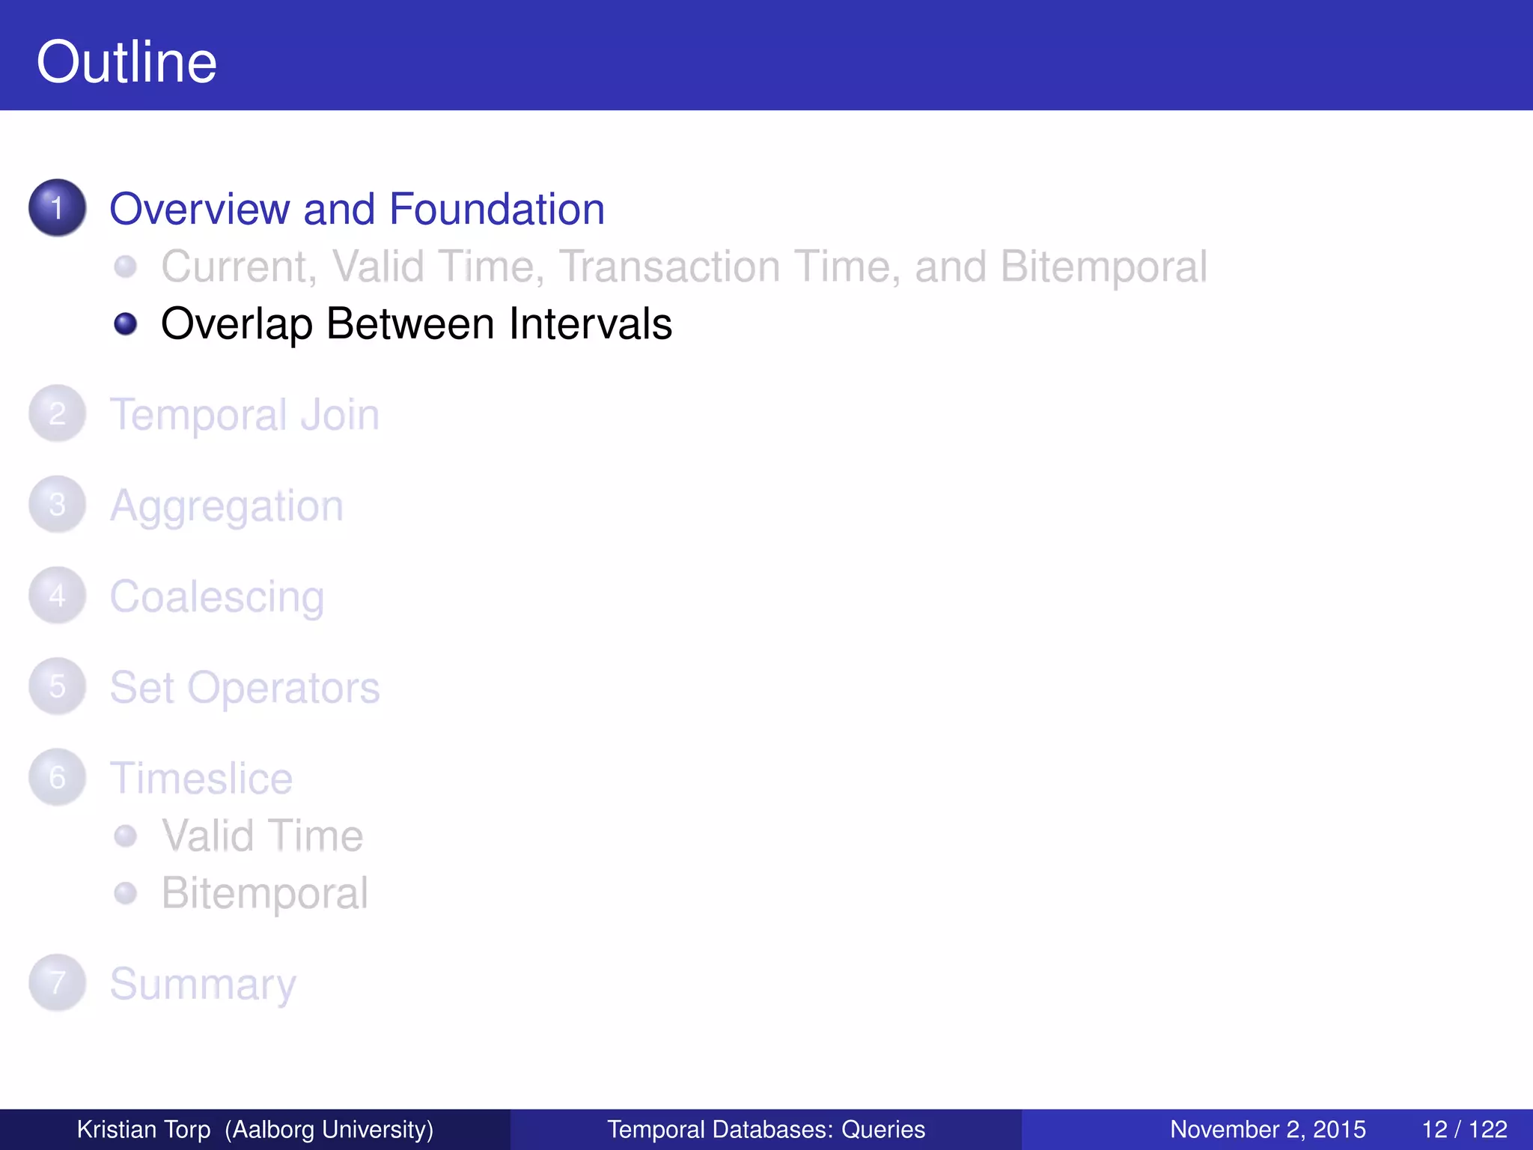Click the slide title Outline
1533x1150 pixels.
(x=127, y=62)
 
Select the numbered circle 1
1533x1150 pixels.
(x=57, y=207)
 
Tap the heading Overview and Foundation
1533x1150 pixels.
(x=357, y=209)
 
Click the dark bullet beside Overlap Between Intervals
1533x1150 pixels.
(x=125, y=324)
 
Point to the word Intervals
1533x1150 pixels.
(x=590, y=324)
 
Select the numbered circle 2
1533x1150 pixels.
(x=57, y=413)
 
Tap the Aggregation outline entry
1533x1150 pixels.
(x=227, y=506)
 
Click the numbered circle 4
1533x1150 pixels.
(x=57, y=596)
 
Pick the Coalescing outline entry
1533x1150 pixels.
(x=217, y=597)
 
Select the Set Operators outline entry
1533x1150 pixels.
(x=245, y=687)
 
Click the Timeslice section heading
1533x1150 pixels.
(x=201, y=779)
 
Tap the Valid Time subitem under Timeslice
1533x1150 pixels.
(x=262, y=836)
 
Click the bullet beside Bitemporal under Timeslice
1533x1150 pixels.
(x=125, y=892)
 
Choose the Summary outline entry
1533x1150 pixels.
(x=203, y=985)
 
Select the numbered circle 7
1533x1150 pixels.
(x=57, y=982)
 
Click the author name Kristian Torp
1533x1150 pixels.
(x=144, y=1129)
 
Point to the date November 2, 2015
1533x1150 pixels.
(x=1267, y=1129)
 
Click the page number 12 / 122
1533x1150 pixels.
(x=1463, y=1129)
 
